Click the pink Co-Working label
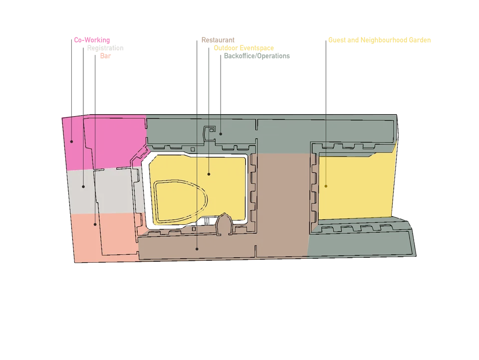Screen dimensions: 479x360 click(x=92, y=40)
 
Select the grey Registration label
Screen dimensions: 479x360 click(x=105, y=48)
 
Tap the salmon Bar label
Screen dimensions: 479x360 click(x=105, y=56)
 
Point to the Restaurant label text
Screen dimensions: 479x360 click(x=218, y=40)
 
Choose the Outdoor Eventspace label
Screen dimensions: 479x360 click(x=244, y=48)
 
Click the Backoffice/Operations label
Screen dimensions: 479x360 click(x=257, y=56)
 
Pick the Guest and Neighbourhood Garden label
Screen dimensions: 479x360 click(x=379, y=40)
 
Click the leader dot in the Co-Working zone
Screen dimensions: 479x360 click(x=71, y=142)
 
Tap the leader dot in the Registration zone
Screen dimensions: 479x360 click(x=83, y=186)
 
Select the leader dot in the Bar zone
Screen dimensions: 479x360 click(x=95, y=224)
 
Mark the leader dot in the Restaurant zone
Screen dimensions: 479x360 click(x=197, y=249)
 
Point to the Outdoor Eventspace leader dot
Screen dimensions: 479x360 click(x=209, y=175)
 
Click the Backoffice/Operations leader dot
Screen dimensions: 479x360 click(x=221, y=134)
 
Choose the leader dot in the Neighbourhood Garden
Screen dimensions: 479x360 click(x=326, y=186)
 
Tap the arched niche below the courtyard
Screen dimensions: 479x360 click(x=224, y=224)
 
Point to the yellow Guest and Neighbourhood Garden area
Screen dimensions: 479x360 click(x=356, y=186)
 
